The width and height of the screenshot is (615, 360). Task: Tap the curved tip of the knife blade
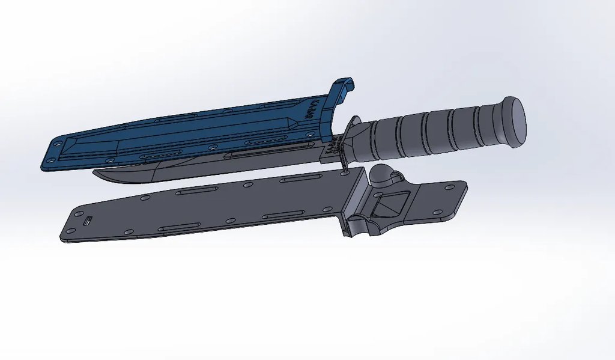click(99, 175)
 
